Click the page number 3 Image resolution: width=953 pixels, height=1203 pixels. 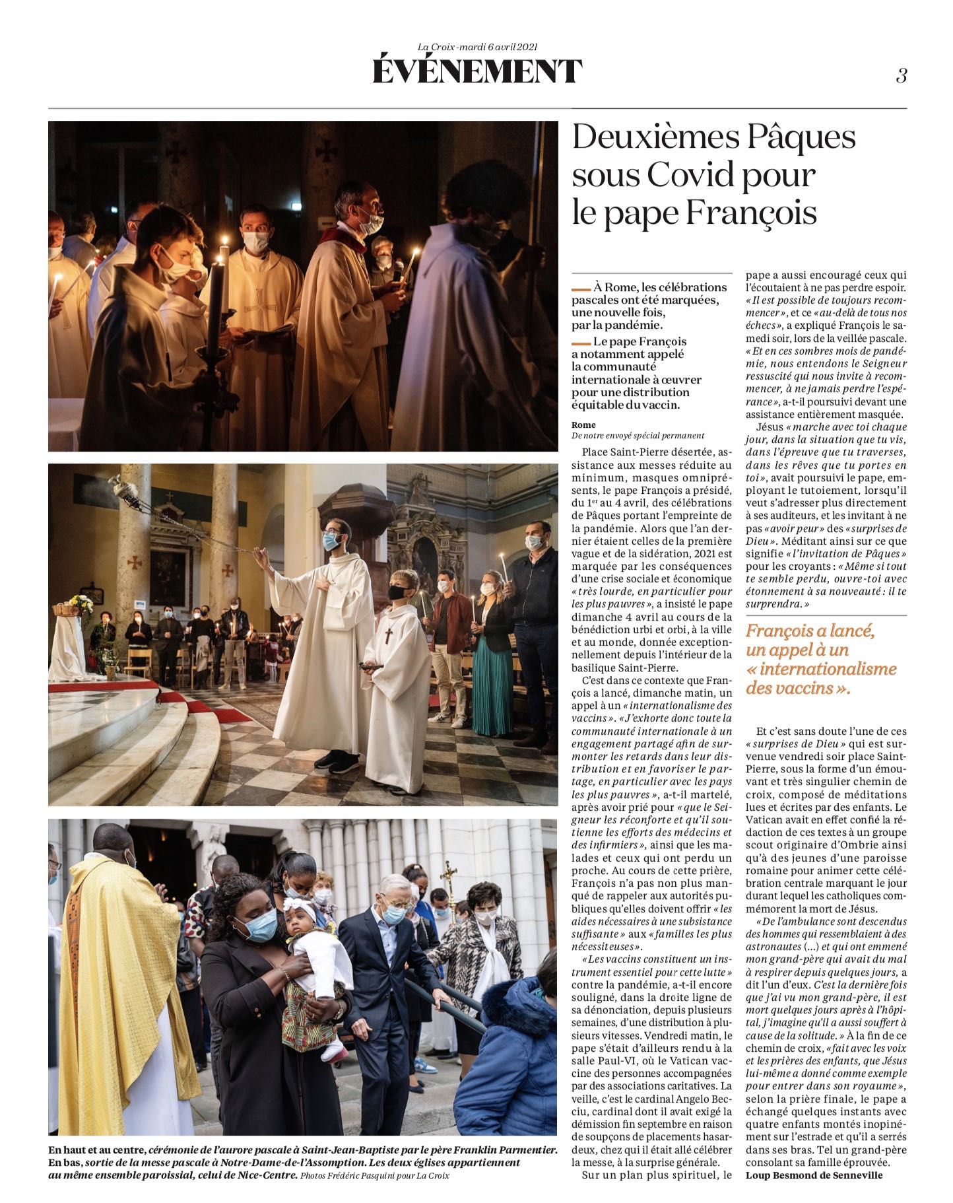901,76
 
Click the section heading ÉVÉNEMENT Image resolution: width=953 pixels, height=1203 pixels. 477,71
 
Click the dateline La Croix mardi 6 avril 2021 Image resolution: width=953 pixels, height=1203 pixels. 477,46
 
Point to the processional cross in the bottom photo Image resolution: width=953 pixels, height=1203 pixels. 449,878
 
